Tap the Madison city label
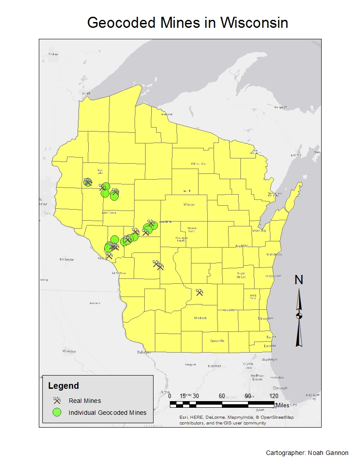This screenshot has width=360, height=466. point(200,318)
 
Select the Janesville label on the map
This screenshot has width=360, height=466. point(217,341)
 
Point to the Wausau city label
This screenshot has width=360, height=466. point(188,205)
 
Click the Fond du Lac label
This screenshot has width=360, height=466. point(241,274)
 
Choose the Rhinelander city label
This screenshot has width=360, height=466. point(198,164)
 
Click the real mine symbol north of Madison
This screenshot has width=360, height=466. point(199,292)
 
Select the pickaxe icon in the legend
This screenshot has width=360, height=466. point(56,401)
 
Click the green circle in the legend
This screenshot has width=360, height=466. point(56,413)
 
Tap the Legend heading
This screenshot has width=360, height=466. point(63,386)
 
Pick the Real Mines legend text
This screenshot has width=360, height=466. point(85,401)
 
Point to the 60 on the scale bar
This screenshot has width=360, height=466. point(222,396)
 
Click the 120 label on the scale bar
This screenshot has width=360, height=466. point(274,396)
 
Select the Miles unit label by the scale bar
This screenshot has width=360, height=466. point(283,405)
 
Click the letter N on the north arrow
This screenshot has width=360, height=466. point(299,280)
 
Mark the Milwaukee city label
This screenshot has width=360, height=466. point(266,318)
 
